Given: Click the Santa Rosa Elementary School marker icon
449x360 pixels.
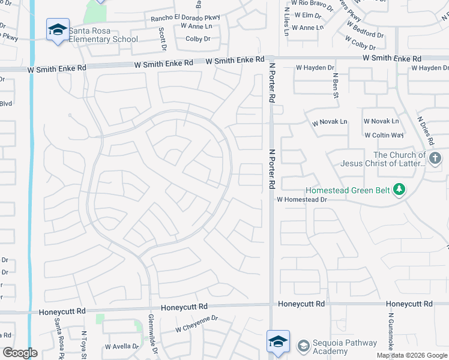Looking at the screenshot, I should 58,29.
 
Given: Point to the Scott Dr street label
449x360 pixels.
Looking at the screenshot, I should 162,38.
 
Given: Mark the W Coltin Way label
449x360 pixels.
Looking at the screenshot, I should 384,136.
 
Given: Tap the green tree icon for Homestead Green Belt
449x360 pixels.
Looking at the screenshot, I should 398,190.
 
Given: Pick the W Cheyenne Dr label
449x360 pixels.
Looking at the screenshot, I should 196,325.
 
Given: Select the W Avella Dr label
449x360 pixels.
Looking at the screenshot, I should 122,346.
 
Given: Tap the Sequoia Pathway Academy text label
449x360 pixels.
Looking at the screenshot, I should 344,347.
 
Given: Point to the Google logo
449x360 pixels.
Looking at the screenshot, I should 19,353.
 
